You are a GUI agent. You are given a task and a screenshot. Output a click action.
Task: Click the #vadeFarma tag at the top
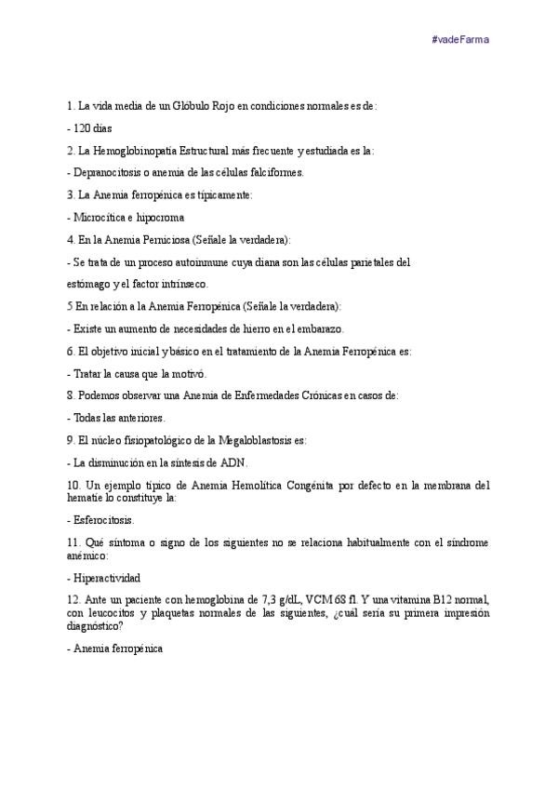pyautogui.click(x=461, y=39)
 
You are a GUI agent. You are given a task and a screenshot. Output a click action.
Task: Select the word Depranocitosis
pyautogui.click(x=108, y=172)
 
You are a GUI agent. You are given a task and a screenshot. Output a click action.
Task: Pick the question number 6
pyautogui.click(x=71, y=351)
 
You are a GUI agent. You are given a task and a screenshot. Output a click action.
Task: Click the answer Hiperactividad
pyautogui.click(x=110, y=577)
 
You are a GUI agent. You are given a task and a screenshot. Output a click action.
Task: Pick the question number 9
pyautogui.click(x=71, y=440)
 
